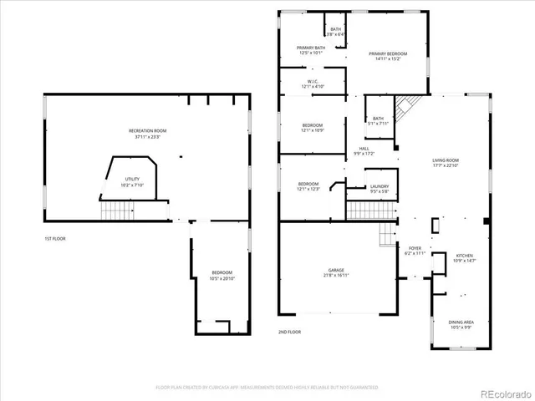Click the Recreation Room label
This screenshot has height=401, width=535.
coord(147,131)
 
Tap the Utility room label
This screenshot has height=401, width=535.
coord(132,180)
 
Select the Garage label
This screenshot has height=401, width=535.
coord(337,271)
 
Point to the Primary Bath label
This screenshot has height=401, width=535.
coord(311,48)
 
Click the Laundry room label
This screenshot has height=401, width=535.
coord(379,187)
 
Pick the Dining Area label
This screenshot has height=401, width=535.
coord(461,322)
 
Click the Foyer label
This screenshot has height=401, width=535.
coord(415,248)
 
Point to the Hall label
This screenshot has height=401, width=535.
coord(364,150)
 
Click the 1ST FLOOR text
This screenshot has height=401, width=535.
coord(55,240)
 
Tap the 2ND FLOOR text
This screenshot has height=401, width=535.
coord(289,332)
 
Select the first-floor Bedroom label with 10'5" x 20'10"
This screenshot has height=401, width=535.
coord(222,274)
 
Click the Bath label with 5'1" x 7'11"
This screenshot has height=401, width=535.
coord(378,119)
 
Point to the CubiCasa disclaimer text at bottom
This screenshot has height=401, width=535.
coord(267,388)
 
